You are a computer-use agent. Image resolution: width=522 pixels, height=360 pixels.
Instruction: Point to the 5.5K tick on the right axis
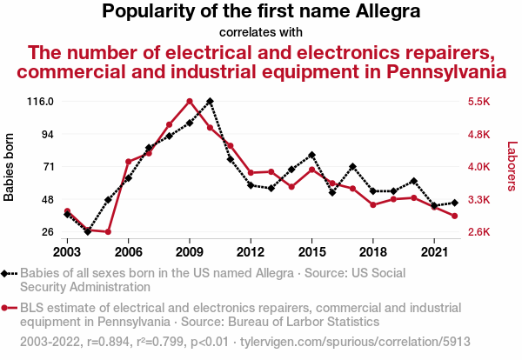[x=480, y=102]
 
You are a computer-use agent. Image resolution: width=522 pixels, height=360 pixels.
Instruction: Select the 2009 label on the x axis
[x=189, y=251]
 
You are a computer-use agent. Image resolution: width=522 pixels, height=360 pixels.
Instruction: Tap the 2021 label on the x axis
[x=433, y=251]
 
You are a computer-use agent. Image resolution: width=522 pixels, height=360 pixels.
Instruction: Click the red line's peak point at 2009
[x=190, y=101]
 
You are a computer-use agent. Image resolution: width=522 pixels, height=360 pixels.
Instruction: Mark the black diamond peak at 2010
[x=210, y=101]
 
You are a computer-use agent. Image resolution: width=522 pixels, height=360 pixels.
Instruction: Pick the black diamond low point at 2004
[x=88, y=232]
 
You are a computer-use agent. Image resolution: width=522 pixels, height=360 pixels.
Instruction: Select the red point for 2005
[x=108, y=232]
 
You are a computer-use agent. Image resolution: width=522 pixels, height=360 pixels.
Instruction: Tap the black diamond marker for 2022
[x=454, y=203]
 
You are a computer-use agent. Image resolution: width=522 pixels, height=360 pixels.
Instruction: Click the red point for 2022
[x=454, y=216]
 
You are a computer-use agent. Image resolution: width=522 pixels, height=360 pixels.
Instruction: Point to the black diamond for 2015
[x=311, y=155]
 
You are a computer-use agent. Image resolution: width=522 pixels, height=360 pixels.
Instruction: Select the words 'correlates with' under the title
[x=261, y=32]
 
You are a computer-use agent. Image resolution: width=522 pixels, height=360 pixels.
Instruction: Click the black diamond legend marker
[x=7, y=273]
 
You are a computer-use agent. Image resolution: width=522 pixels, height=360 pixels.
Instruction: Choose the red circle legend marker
[x=7, y=307]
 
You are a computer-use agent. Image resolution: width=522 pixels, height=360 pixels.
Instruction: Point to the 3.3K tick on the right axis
[x=480, y=200]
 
